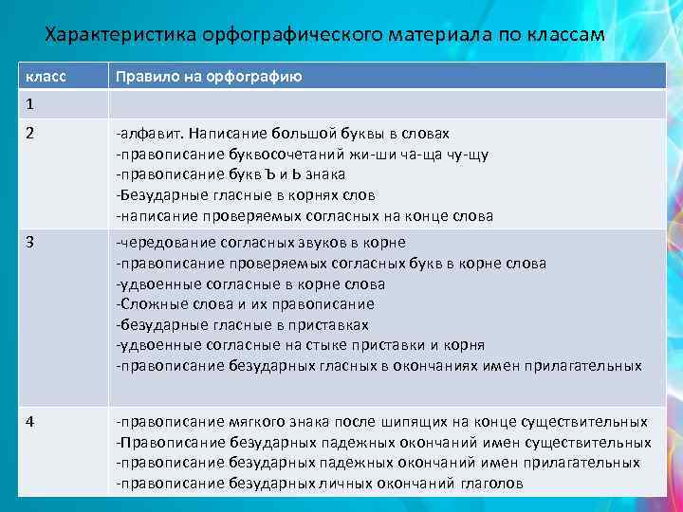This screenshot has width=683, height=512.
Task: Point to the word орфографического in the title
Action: click(289, 35)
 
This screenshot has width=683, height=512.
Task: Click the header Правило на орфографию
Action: click(209, 77)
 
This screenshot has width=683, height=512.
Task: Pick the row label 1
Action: click(30, 103)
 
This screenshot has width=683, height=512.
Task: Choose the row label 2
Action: click(30, 134)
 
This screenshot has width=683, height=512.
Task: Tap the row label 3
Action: click(30, 242)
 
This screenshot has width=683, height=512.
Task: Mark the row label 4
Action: click(30, 422)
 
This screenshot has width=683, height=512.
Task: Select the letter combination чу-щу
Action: click(465, 155)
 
